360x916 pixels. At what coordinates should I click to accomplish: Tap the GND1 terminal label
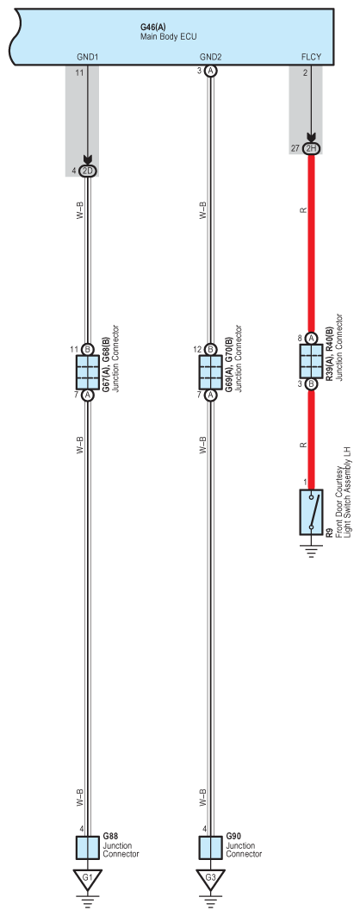88,57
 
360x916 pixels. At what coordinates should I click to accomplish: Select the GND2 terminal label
210,57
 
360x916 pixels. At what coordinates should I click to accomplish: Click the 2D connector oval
88,171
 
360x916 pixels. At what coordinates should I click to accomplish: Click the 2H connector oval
311,149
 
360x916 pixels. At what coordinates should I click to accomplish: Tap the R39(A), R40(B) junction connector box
311,359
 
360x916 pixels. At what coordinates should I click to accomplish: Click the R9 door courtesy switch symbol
311,512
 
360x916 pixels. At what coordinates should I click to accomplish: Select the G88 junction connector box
88,848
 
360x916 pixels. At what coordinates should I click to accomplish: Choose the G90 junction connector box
210,848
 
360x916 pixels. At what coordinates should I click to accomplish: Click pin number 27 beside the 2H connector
295,149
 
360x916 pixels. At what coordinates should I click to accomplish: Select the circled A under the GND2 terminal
210,72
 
